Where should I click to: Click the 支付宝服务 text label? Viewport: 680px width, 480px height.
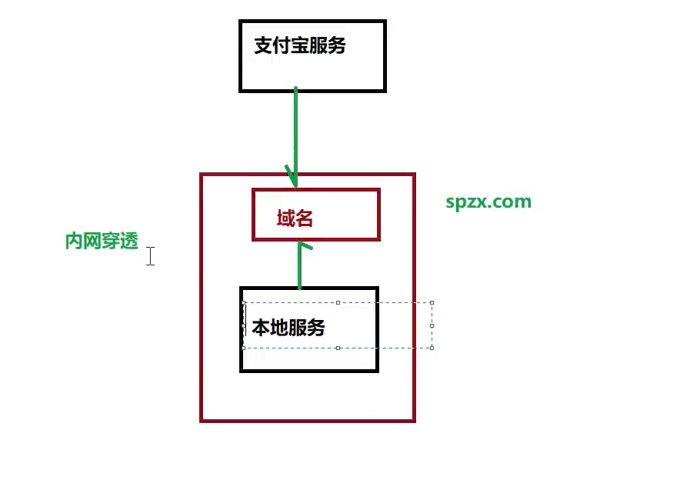click(300, 46)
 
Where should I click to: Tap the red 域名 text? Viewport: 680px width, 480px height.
click(295, 218)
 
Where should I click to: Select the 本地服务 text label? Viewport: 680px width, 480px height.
click(288, 328)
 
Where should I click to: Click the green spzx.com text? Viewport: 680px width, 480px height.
click(488, 202)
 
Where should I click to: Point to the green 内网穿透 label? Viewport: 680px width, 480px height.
click(102, 242)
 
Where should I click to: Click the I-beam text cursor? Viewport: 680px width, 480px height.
click(151, 256)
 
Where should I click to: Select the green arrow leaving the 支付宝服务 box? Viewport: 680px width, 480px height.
click(295, 131)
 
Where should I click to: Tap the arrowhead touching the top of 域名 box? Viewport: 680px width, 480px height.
click(292, 178)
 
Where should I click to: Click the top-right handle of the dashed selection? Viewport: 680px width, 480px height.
click(432, 302)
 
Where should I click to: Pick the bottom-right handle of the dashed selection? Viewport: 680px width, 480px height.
click(432, 348)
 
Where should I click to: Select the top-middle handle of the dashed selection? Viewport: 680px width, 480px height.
click(338, 302)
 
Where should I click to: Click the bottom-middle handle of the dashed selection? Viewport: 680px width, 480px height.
click(338, 348)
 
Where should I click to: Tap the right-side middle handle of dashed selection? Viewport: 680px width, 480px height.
click(432, 325)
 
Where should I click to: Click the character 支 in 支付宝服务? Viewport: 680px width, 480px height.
click(263, 46)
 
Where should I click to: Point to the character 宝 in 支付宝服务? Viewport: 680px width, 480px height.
click(300, 46)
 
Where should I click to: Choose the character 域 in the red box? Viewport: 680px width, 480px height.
click(285, 218)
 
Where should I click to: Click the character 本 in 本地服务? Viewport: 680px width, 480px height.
click(261, 328)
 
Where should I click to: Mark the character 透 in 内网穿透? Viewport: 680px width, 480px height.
click(129, 242)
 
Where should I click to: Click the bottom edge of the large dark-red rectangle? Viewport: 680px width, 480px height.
click(308, 421)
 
